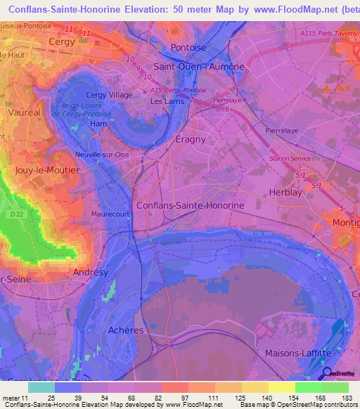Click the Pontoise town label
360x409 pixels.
coord(188,48)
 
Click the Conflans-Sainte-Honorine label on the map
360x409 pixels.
coord(190,205)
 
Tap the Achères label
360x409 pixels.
coord(127,330)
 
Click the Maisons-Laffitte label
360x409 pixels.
coord(298,352)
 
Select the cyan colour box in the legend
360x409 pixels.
coord(41,387)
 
